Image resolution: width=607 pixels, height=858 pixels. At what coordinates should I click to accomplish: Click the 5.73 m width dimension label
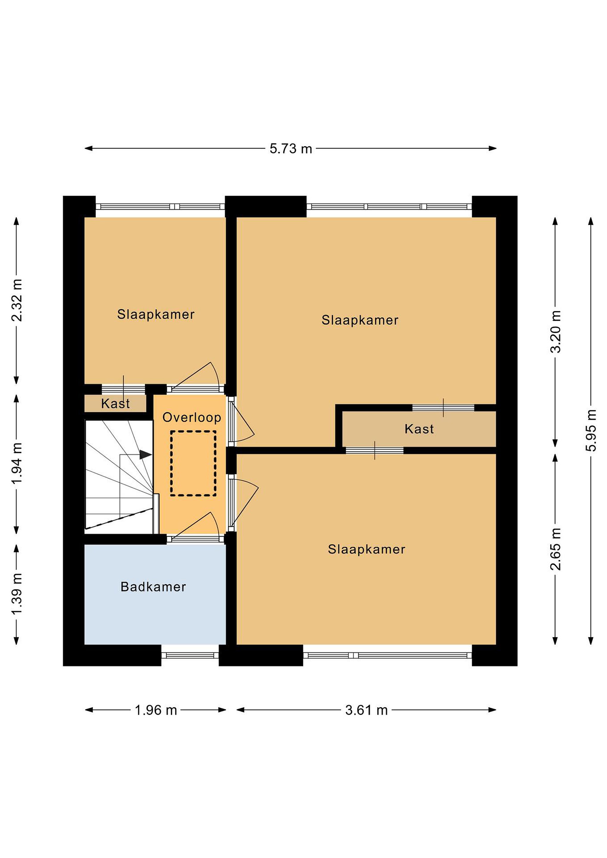tap(291, 149)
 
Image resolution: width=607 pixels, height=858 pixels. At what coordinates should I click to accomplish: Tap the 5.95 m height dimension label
tap(591, 430)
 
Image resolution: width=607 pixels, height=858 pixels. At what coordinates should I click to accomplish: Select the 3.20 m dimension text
tap(555, 332)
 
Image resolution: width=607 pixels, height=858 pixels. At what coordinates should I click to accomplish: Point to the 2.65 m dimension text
tap(555, 549)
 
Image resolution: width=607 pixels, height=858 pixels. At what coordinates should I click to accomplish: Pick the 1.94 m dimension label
tap(17, 463)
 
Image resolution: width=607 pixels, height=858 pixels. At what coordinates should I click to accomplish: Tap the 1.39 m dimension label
tap(17, 593)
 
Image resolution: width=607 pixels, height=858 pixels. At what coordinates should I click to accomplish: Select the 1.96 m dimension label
tap(156, 710)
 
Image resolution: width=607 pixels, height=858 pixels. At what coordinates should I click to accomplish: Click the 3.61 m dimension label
tap(366, 710)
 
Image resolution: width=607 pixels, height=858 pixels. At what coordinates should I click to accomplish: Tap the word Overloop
tap(192, 417)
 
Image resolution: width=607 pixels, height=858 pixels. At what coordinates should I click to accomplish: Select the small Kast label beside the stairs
tap(116, 404)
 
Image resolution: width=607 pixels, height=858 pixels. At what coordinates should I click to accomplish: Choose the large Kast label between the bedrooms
tap(419, 429)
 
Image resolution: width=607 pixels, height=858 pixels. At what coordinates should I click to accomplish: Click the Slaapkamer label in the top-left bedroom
tap(156, 314)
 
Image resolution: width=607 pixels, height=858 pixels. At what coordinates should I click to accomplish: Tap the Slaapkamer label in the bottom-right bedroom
tap(367, 549)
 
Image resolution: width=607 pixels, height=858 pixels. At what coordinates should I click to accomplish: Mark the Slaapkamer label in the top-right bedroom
tap(360, 320)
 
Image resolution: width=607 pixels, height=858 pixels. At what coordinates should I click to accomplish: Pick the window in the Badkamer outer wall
tap(190, 655)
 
